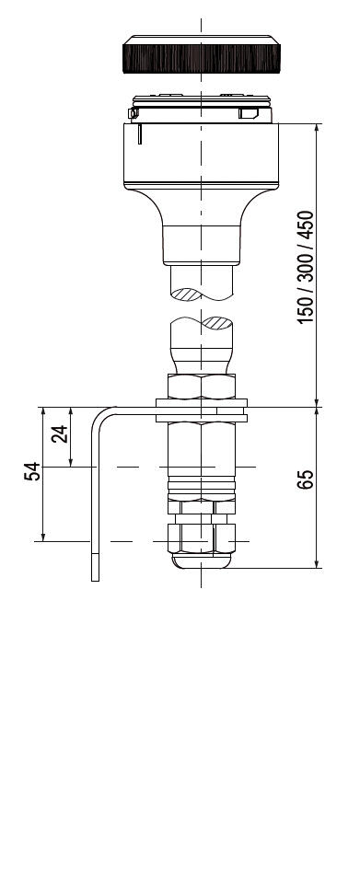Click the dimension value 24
click(60, 433)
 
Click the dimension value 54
click(32, 471)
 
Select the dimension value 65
click(306, 479)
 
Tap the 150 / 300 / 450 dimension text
click(306, 267)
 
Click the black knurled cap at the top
click(201, 54)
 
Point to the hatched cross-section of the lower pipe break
click(217, 322)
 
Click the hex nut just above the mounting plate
click(202, 387)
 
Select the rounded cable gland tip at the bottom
click(202, 561)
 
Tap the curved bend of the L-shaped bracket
click(99, 417)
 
